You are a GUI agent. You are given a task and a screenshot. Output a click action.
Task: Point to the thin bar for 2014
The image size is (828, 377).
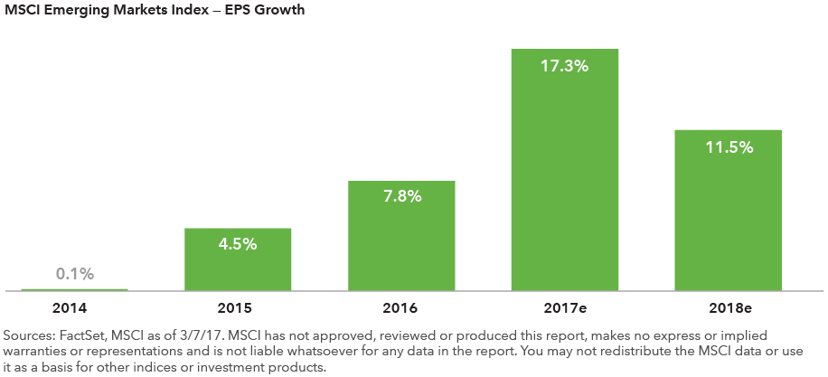coord(74,290)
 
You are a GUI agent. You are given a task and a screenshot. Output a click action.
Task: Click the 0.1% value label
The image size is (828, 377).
coord(74,274)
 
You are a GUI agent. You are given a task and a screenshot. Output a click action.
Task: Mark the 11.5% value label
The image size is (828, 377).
coord(729,147)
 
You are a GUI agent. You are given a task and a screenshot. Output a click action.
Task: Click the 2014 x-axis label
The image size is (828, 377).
coord(74,306)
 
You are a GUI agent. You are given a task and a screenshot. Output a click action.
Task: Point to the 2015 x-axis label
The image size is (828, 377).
coord(238,306)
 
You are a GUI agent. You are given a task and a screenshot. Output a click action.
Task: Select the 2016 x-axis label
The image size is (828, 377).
coord(401,306)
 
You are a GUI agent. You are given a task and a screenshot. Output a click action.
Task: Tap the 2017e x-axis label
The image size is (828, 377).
coord(565,306)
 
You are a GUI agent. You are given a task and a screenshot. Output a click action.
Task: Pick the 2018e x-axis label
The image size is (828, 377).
coord(729,306)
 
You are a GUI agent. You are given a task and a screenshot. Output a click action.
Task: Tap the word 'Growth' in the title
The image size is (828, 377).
coord(282,11)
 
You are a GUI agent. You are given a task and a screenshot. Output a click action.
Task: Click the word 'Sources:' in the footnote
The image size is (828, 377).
coord(28,335)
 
